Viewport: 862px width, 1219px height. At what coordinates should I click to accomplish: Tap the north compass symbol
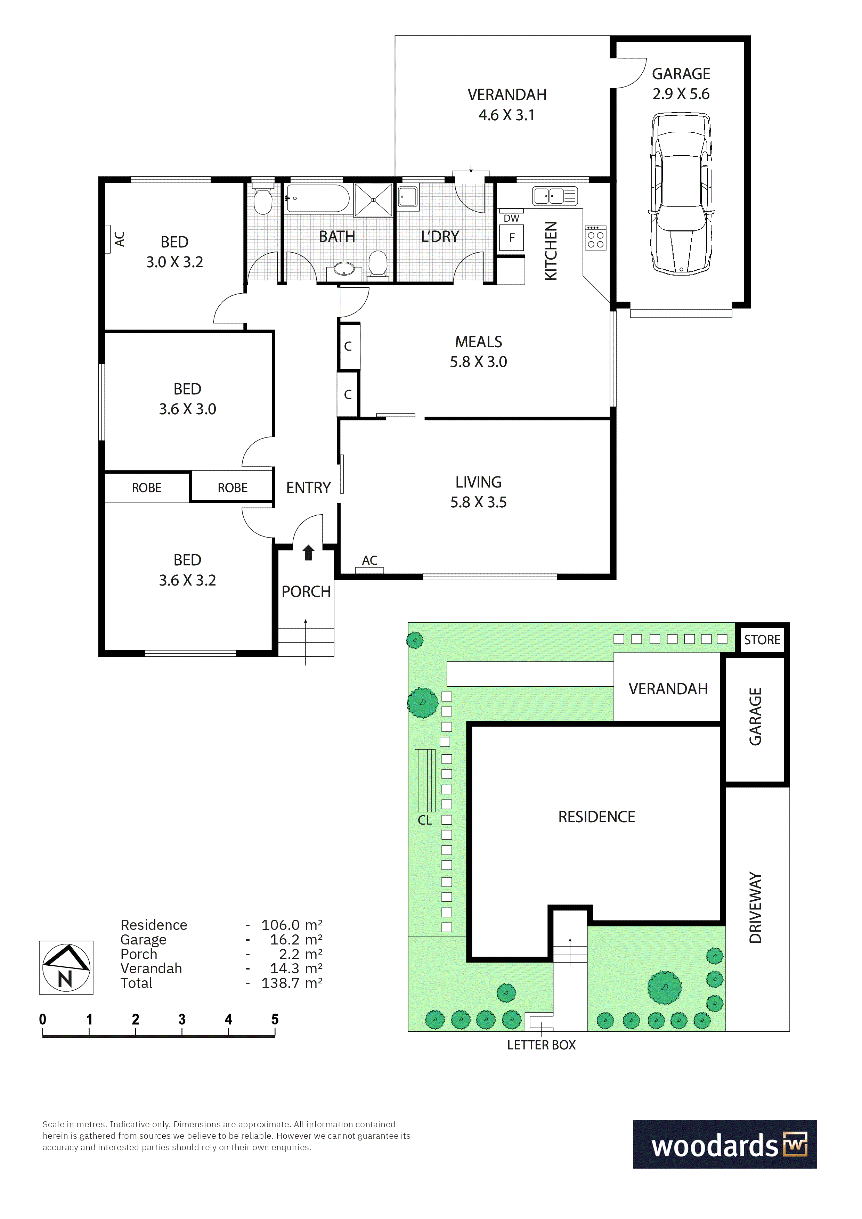[x=66, y=967]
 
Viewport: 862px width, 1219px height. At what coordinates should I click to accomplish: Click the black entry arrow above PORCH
[x=308, y=553]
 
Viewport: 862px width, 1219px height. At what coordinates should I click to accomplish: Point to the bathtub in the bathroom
[x=317, y=198]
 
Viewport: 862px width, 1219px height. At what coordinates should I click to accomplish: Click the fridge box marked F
[x=511, y=237]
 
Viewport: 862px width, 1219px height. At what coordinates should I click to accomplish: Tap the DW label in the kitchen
[x=511, y=218]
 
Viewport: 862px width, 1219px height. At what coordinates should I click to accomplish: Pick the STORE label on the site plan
[x=762, y=640]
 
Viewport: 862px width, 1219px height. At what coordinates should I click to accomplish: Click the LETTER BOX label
[x=541, y=1045]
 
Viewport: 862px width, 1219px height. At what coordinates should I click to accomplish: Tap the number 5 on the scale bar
[x=275, y=1020]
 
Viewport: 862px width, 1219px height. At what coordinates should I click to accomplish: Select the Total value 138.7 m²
[x=292, y=983]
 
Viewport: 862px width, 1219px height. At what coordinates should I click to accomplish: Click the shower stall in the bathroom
[x=373, y=199]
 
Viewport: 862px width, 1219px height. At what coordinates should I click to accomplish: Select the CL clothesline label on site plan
[x=425, y=820]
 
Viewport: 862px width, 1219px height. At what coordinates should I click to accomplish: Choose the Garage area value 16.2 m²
[x=296, y=940]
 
